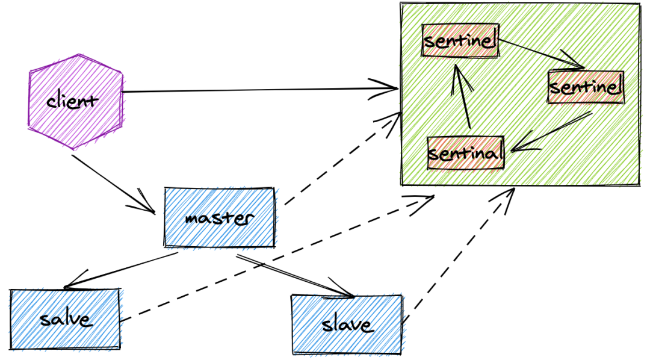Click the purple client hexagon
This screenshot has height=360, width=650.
[75, 101]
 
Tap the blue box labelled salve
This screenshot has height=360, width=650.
[65, 318]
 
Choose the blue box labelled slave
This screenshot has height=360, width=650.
[347, 324]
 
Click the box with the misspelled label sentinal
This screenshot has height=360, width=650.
[465, 152]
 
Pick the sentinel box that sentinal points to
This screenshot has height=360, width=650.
[460, 41]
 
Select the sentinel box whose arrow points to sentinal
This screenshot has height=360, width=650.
[584, 88]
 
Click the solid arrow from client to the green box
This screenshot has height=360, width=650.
[259, 91]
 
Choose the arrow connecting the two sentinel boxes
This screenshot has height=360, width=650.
[542, 54]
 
